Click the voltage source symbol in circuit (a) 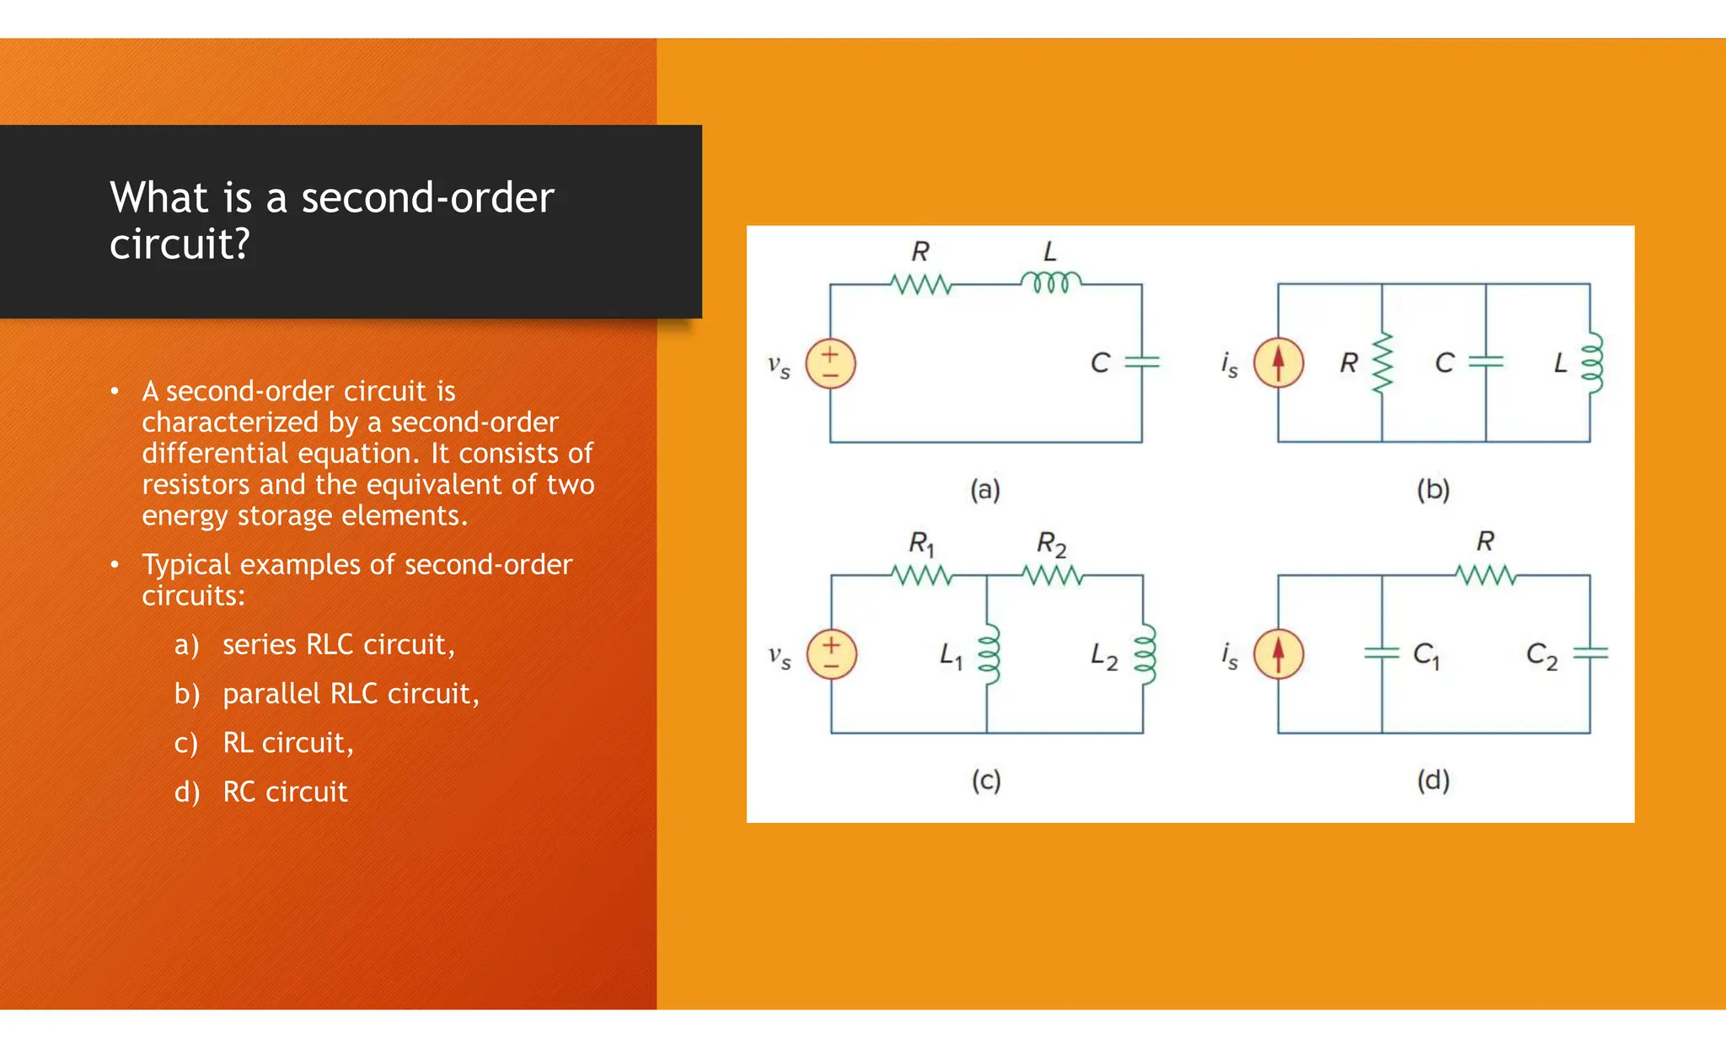830,363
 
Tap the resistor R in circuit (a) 921,285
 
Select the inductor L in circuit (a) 1050,282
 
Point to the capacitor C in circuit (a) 1142,362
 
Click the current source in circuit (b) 1278,363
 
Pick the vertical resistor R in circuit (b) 1382,363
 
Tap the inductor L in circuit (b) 1590,363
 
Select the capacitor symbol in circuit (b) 1486,362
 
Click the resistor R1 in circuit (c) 921,576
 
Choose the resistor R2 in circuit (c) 1052,576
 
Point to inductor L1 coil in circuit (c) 988,653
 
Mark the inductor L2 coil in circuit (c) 1144,653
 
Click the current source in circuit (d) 1278,654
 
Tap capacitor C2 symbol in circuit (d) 1590,653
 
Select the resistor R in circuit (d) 1485,576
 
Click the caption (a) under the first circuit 985,489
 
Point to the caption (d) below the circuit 1433,780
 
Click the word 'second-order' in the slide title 427,197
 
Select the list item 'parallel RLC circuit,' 351,693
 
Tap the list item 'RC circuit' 285,792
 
